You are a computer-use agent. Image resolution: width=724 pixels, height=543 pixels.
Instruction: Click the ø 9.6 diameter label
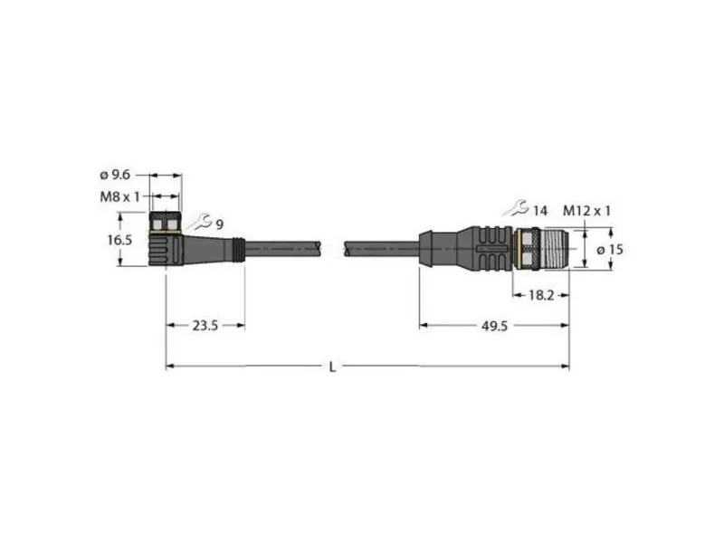click(115, 175)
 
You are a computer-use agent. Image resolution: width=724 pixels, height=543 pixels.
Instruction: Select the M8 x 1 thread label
click(119, 197)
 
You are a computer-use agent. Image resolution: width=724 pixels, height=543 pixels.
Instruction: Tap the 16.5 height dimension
click(119, 240)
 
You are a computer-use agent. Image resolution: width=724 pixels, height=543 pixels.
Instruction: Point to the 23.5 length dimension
click(205, 326)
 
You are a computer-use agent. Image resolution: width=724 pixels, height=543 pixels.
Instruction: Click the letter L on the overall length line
click(332, 367)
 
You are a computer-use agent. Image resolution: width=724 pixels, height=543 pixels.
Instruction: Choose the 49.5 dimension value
click(494, 327)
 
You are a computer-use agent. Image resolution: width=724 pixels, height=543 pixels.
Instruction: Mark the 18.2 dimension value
click(541, 296)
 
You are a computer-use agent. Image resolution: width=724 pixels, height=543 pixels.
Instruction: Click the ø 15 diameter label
click(609, 250)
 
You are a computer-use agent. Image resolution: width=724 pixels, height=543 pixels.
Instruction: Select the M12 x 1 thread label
click(586, 211)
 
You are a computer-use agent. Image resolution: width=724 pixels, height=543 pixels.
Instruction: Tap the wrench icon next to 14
click(515, 208)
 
